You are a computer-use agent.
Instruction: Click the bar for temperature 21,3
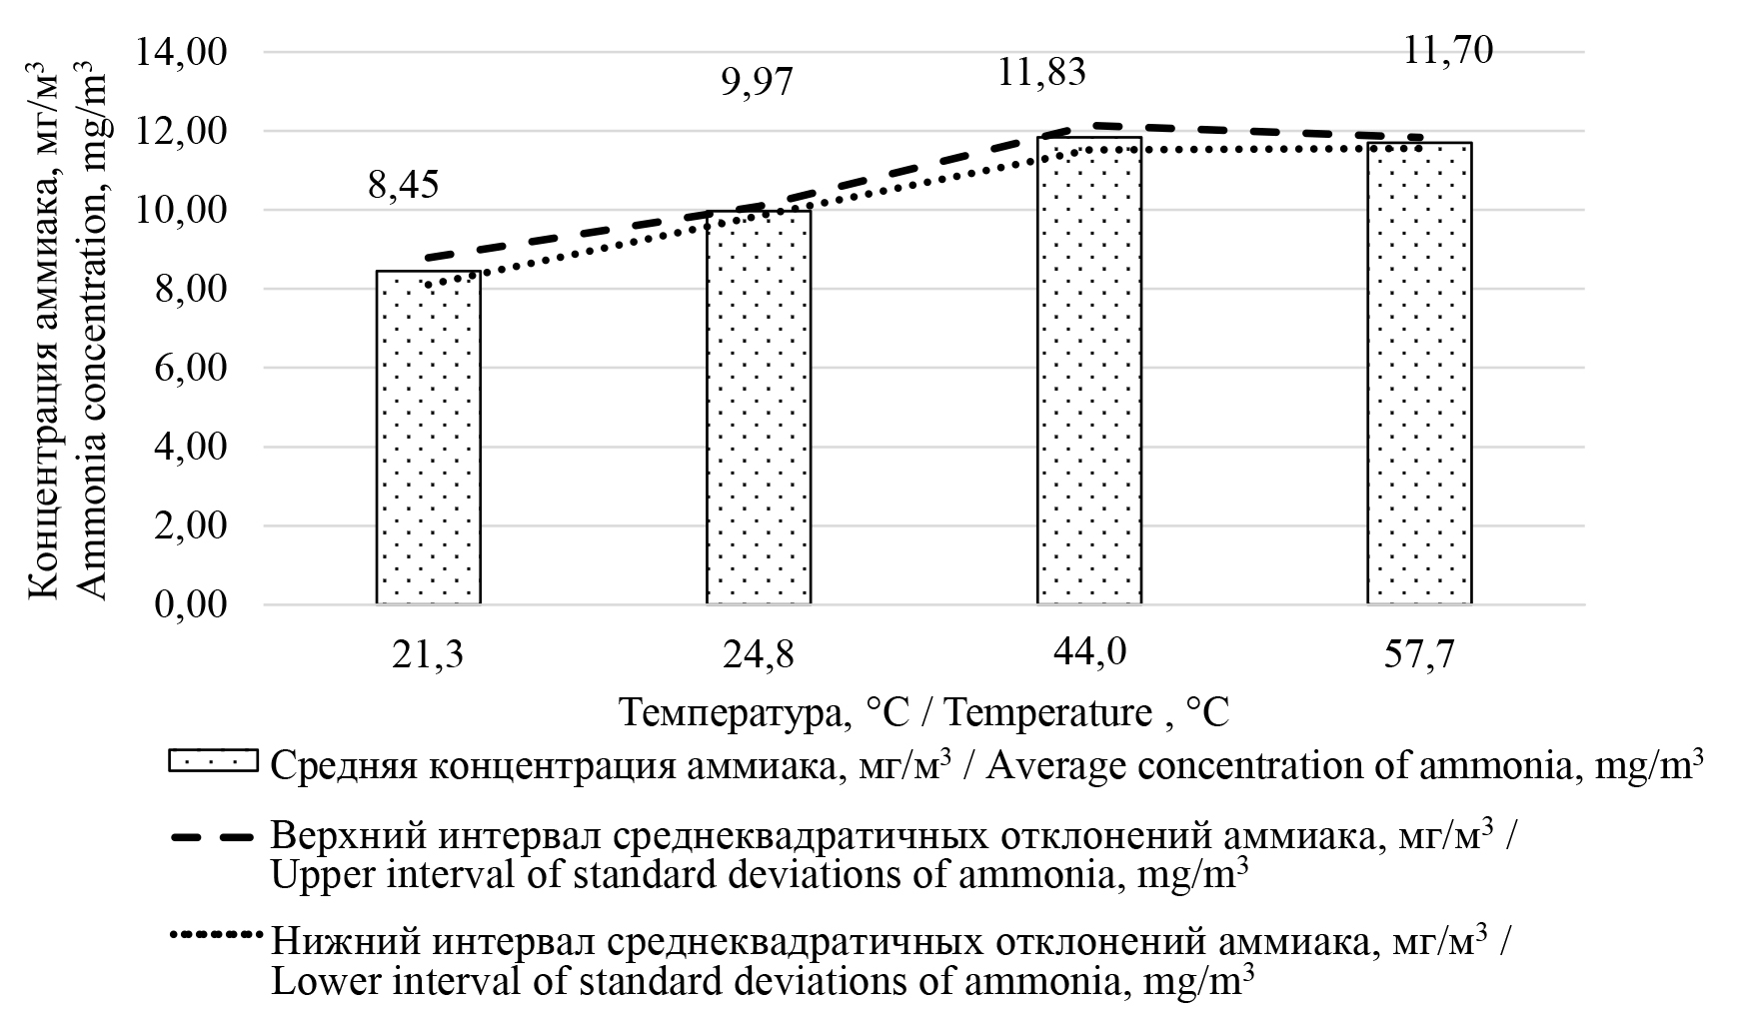click(428, 438)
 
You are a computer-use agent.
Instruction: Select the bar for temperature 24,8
click(759, 408)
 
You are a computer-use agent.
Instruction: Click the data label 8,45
click(404, 185)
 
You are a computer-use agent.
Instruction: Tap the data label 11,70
click(1448, 49)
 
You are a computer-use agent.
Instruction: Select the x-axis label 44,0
click(1088, 652)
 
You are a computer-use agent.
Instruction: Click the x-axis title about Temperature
click(924, 713)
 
